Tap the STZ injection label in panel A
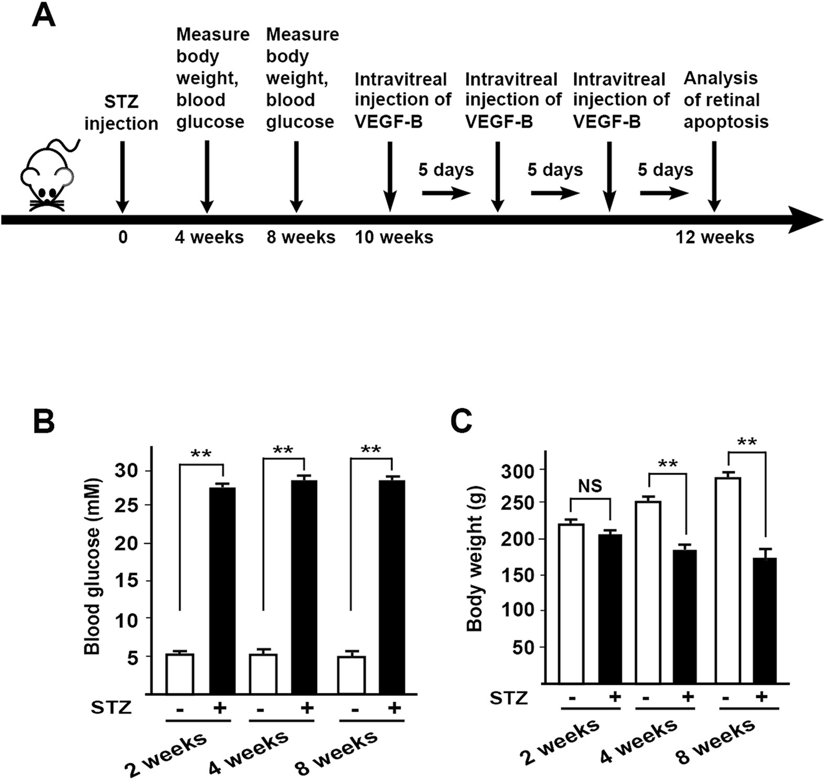(x=121, y=113)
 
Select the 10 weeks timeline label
(x=394, y=237)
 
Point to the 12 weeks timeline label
(x=714, y=237)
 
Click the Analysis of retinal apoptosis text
(x=725, y=100)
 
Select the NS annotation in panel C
(x=590, y=486)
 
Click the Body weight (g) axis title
(x=474, y=559)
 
